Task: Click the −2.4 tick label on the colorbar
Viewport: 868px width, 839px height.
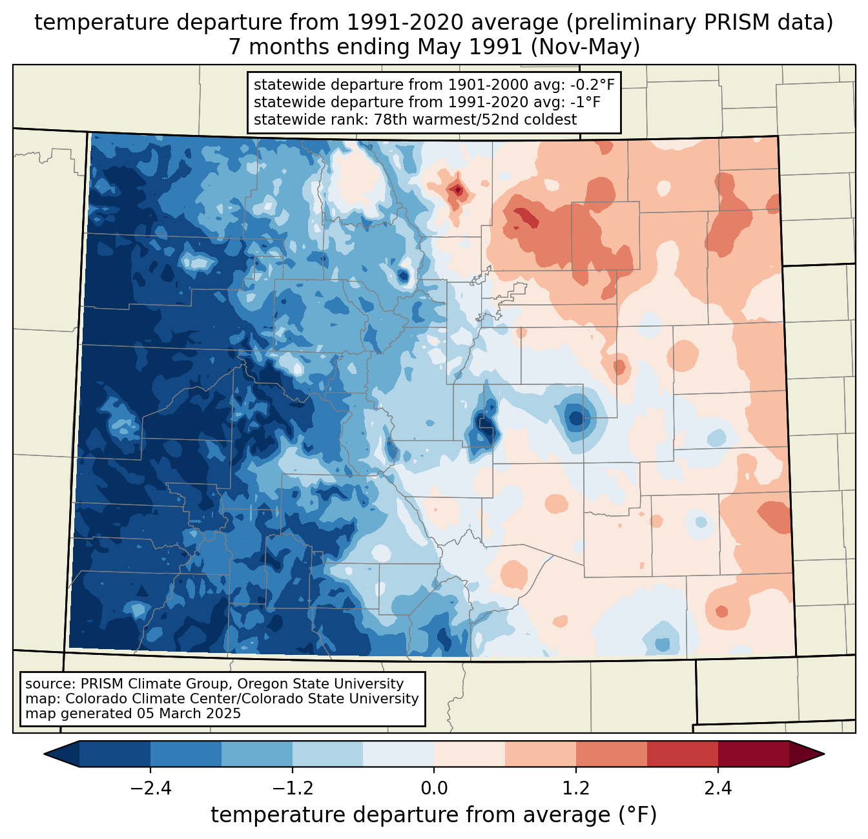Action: click(x=150, y=789)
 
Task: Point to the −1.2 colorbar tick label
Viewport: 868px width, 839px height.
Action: click(x=292, y=789)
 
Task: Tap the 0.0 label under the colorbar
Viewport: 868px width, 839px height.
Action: click(x=434, y=789)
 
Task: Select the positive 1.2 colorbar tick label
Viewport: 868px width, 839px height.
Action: click(x=576, y=789)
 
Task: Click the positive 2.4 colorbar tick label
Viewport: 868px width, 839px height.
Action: click(x=718, y=789)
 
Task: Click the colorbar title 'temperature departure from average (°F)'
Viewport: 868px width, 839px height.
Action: click(x=433, y=815)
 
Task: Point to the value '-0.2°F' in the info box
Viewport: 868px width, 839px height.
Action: click(x=591, y=85)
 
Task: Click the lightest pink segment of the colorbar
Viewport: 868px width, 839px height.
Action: click(x=470, y=754)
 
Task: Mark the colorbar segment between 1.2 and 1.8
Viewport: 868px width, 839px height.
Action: click(x=612, y=754)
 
